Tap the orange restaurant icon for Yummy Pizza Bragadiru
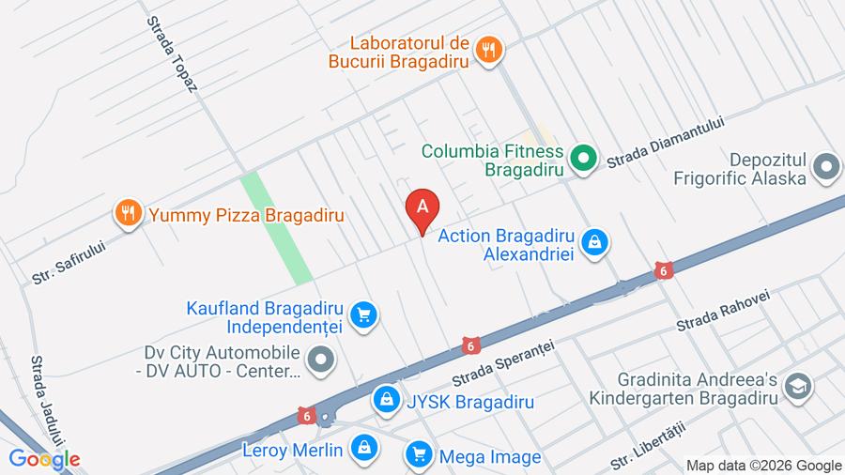click(x=128, y=214)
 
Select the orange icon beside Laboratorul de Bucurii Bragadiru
click(x=488, y=50)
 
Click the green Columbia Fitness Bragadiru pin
click(x=585, y=158)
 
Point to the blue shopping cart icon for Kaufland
click(x=364, y=316)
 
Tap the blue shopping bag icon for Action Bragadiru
click(x=594, y=243)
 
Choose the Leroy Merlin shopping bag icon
click(x=363, y=450)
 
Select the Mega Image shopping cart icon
click(x=419, y=456)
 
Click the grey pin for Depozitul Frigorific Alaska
click(x=826, y=168)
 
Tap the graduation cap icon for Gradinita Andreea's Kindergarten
click(x=798, y=387)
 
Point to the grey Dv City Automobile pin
click(x=321, y=359)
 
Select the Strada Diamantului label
click(x=667, y=142)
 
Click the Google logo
click(x=44, y=459)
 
